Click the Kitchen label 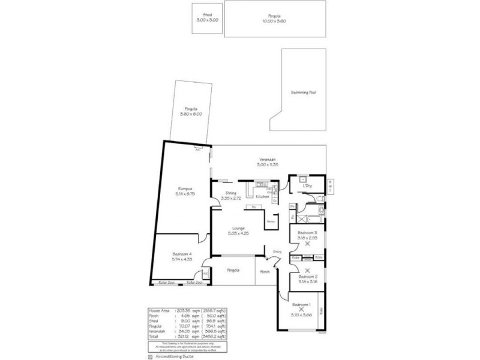262,197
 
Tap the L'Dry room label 307,187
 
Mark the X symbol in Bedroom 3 307,244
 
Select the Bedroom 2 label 307,276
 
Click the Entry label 277,251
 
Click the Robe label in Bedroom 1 322,310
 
